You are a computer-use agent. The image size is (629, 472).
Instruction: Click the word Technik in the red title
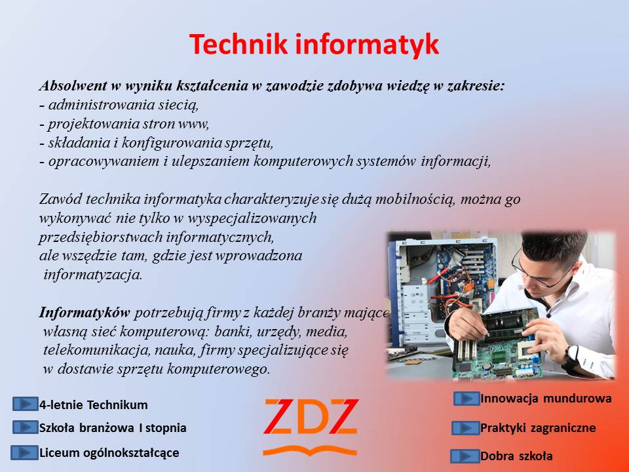coord(238,44)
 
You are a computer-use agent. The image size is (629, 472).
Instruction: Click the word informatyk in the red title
coord(367,45)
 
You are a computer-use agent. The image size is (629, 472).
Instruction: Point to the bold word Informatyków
coord(85,313)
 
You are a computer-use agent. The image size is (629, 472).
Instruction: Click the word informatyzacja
coord(93,275)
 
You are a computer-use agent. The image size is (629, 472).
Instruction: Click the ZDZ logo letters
coord(311,417)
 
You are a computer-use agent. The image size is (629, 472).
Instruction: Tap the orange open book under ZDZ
coord(310,451)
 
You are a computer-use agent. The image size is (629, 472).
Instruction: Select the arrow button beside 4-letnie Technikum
coord(26,404)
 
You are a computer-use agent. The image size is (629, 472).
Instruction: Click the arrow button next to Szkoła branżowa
coord(26,427)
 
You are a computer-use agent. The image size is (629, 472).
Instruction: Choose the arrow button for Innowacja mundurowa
coord(467,399)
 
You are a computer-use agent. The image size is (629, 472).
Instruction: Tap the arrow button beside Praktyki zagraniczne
coord(465,428)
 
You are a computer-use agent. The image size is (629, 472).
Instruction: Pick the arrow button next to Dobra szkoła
coord(465,456)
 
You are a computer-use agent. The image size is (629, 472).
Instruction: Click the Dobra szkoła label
coord(516,456)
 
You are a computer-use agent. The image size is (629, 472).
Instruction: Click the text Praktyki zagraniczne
coord(538,428)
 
